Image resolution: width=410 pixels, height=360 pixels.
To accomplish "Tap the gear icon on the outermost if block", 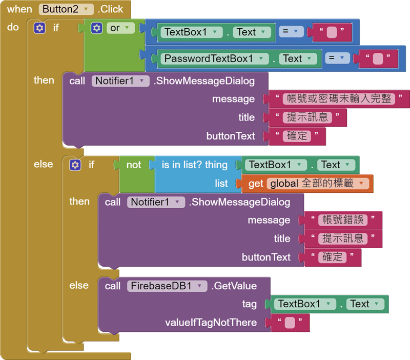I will tap(39, 28).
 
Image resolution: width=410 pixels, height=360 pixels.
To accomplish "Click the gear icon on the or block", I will tap(96, 28).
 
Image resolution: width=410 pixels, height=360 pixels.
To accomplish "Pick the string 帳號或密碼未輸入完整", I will tap(339, 99).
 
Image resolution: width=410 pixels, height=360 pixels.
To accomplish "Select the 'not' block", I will tap(133, 165).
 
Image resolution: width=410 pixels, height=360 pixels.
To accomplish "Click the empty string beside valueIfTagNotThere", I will tap(290, 323).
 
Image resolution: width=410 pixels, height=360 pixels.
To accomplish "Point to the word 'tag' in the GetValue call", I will tap(250, 304).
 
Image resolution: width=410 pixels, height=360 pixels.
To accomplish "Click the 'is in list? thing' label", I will tap(194, 165).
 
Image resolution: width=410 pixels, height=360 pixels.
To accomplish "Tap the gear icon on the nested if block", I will tap(75, 165).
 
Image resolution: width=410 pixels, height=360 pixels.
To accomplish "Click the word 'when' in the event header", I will tap(19, 9).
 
